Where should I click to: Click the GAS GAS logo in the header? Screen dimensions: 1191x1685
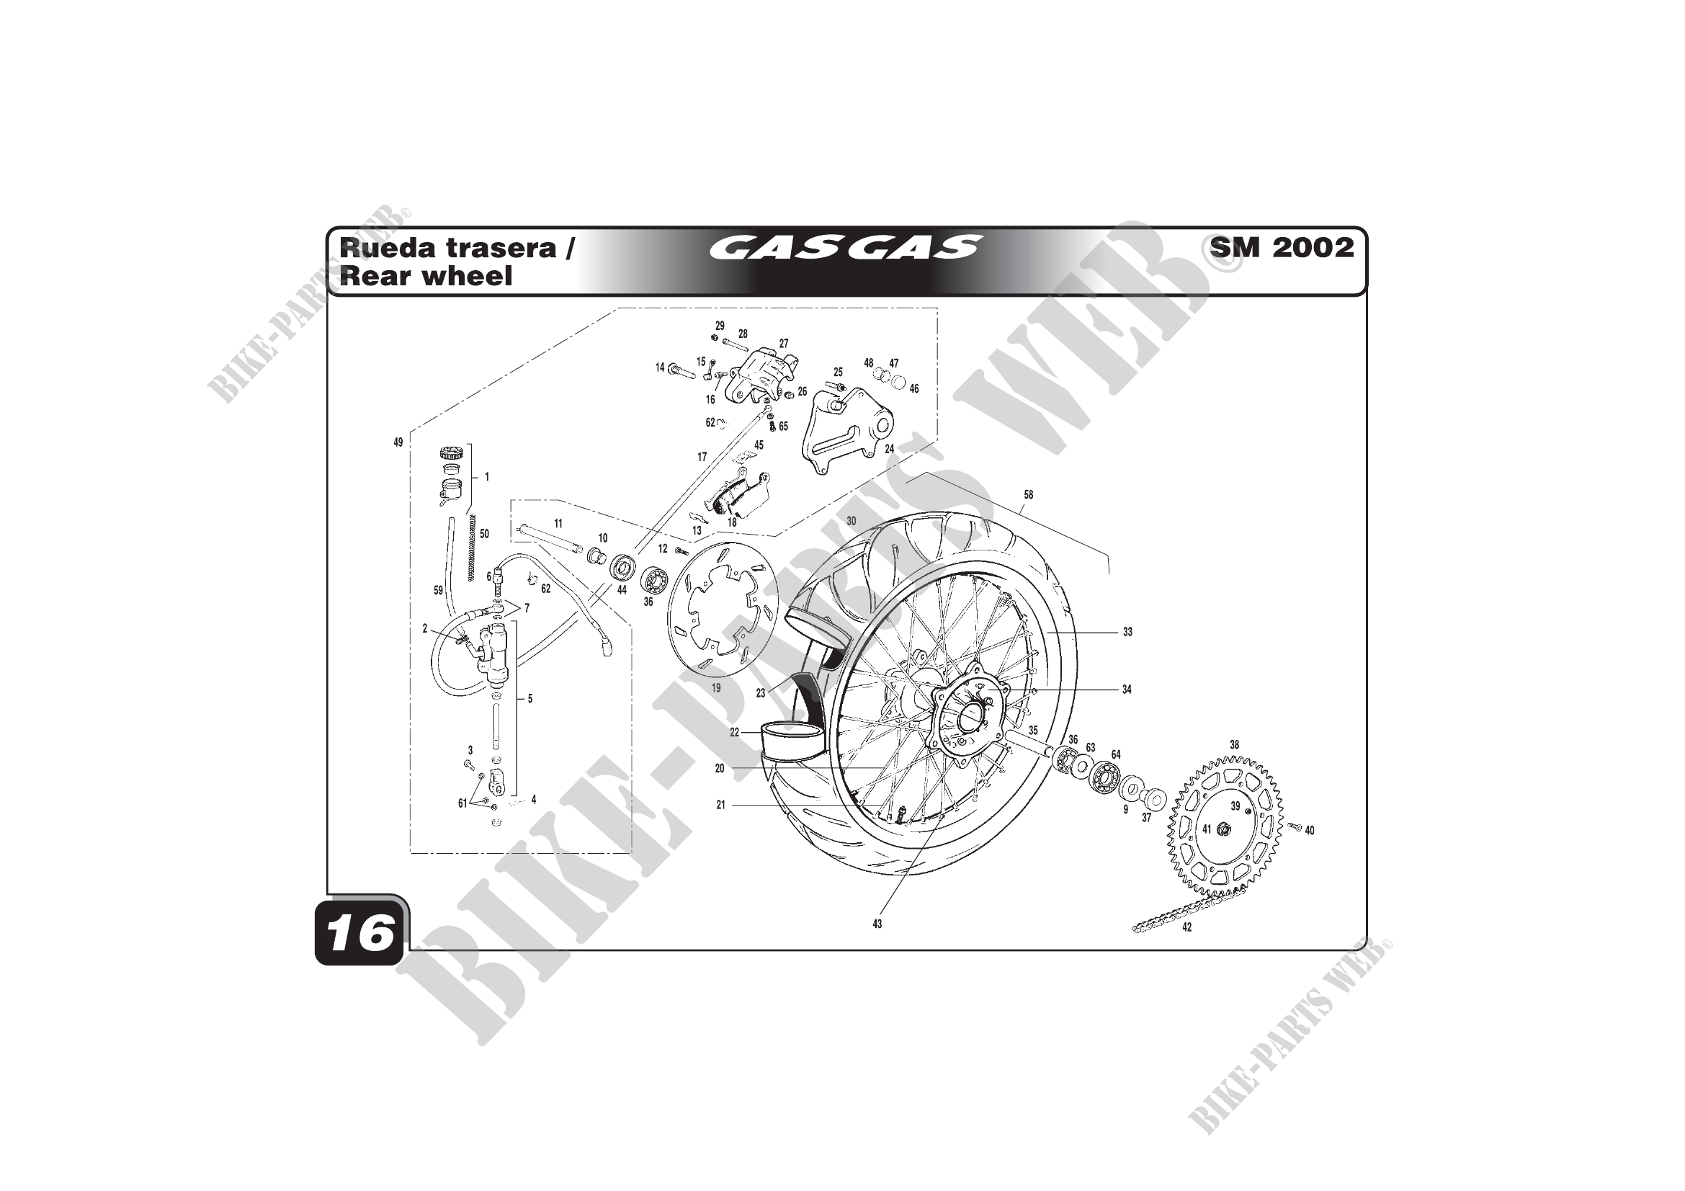(844, 247)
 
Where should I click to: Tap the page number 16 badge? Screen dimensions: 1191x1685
(360, 934)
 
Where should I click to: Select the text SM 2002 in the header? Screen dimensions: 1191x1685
(1282, 247)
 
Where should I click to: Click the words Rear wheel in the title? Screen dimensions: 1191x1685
(426, 277)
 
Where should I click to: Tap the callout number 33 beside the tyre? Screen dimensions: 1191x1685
(1127, 632)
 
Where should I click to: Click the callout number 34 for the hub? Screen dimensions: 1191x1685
(1127, 689)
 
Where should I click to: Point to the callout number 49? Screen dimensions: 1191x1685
(398, 442)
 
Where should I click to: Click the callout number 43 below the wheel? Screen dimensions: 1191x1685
(877, 924)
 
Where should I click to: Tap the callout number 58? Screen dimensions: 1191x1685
(1028, 494)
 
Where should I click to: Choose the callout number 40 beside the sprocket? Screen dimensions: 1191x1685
(1310, 831)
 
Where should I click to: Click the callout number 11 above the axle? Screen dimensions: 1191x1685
(558, 524)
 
